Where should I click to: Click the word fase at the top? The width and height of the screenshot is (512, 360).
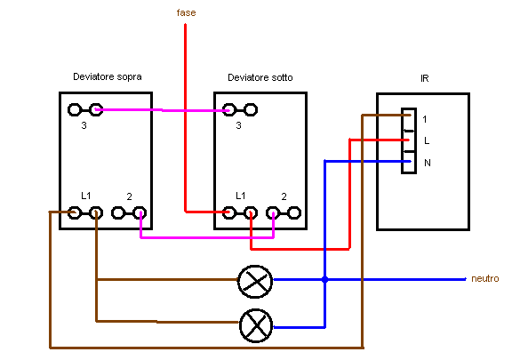(x=186, y=12)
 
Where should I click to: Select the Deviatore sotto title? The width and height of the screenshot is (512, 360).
(x=260, y=78)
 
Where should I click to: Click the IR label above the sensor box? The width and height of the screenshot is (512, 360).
(x=425, y=78)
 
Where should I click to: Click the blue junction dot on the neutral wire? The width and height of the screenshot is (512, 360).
(x=325, y=279)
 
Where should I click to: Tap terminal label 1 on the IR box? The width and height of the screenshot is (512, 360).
(x=425, y=119)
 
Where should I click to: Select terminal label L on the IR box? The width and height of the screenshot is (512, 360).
(x=427, y=140)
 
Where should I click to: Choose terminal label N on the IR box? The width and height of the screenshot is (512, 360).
(x=427, y=163)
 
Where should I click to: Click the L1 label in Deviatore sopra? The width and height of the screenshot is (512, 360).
(x=85, y=195)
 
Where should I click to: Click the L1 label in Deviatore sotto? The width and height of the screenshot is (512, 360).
(x=240, y=195)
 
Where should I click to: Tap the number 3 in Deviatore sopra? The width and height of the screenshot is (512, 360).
(x=84, y=126)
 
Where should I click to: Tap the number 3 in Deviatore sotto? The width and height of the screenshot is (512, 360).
(x=238, y=126)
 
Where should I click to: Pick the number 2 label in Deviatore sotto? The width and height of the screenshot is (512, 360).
(x=284, y=195)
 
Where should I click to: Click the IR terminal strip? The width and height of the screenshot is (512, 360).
(x=408, y=140)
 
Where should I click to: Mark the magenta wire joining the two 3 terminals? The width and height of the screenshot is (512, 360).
(x=160, y=110)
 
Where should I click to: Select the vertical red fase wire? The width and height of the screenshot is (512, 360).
(x=185, y=116)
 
